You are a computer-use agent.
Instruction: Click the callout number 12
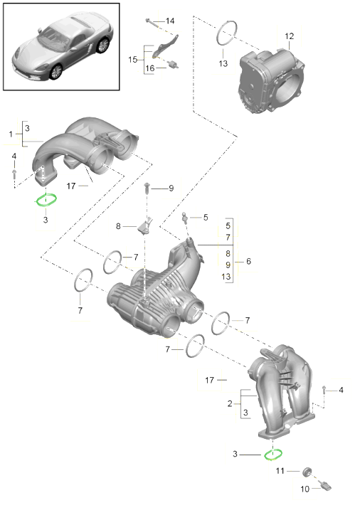point(289,36)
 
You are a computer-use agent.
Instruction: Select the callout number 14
point(170,21)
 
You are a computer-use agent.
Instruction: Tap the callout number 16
point(150,68)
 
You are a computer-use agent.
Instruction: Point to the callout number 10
point(305,489)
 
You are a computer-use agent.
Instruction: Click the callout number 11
point(280,471)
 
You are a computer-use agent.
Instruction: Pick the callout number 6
point(248,262)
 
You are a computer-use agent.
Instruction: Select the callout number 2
point(230,403)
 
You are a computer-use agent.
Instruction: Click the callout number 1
point(11,134)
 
